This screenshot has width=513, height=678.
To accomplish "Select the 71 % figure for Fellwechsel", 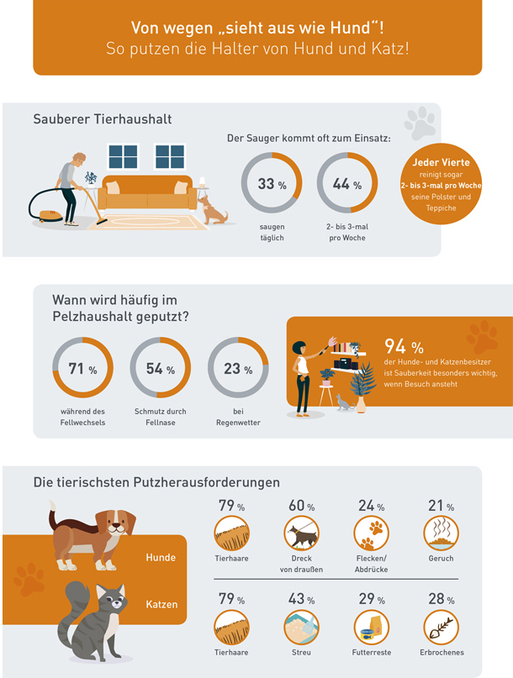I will point(82,369).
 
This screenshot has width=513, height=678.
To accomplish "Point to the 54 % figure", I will point(160,369).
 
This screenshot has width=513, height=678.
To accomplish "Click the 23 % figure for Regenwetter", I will point(236,369).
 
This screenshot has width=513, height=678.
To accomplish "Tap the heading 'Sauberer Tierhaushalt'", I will point(102,119).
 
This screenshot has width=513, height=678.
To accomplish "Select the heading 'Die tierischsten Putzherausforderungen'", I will point(156,482).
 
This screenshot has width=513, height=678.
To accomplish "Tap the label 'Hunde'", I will point(161,558).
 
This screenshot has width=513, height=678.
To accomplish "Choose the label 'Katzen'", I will point(161,603).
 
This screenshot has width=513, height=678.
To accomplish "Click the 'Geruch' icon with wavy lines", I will point(440,533).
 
